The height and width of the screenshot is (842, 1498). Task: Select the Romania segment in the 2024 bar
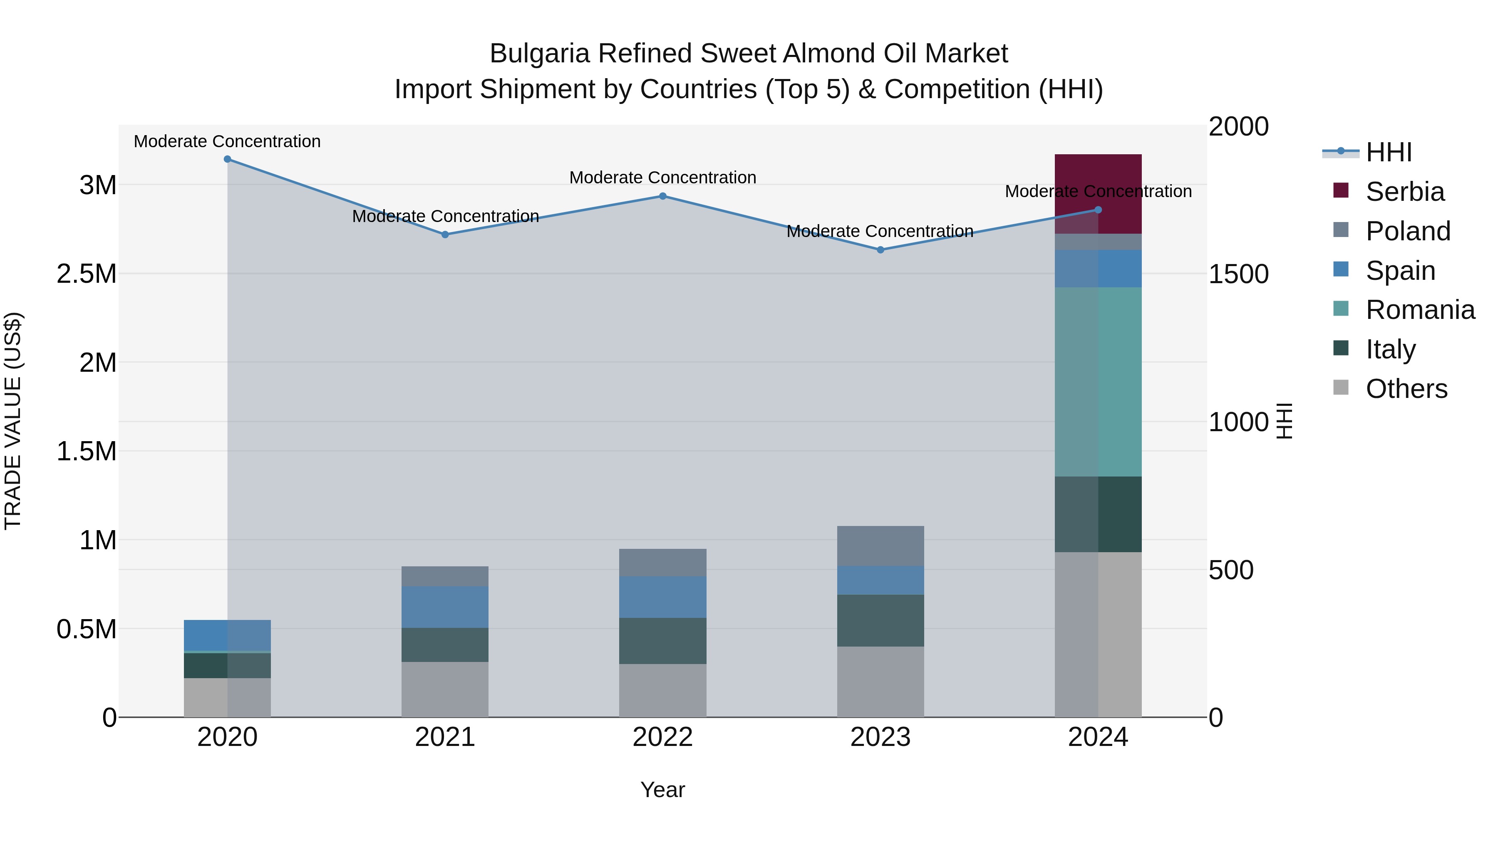(x=1098, y=382)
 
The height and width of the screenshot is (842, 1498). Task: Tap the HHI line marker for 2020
(x=227, y=159)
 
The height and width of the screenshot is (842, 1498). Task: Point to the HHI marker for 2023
(x=880, y=250)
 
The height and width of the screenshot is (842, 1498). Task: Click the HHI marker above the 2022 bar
(x=662, y=196)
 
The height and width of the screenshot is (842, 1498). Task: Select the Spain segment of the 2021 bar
(x=445, y=607)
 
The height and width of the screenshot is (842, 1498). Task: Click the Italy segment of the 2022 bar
(x=662, y=641)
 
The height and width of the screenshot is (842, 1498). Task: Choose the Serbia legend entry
(x=1404, y=192)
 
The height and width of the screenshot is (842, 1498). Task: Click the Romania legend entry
(x=1419, y=310)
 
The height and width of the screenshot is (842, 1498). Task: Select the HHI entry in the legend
(x=1388, y=152)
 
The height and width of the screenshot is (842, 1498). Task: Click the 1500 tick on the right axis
(x=1238, y=274)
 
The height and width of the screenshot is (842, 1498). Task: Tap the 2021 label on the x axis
(x=445, y=737)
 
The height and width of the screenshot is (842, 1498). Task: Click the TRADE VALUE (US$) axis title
(x=13, y=421)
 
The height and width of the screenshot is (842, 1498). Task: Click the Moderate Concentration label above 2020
(x=227, y=141)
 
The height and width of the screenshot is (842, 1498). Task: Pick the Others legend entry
(x=1406, y=389)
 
